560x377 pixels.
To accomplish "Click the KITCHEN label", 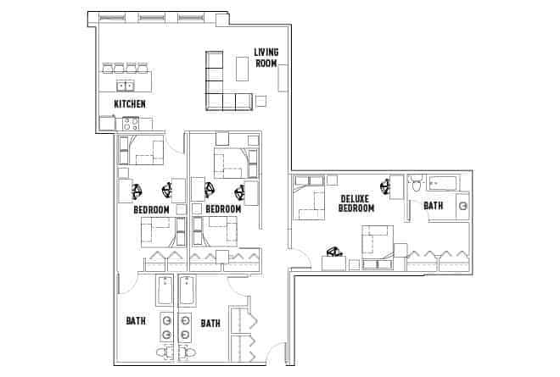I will tap(130, 104).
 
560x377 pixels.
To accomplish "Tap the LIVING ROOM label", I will tap(266, 57).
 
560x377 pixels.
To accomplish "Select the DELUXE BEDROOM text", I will tap(356, 202).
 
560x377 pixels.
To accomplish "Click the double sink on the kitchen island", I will tap(125, 86).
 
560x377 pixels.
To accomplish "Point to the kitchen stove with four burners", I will tap(131, 123).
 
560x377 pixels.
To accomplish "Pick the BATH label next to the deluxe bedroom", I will tap(433, 206).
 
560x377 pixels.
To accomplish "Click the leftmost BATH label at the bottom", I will tap(135, 322).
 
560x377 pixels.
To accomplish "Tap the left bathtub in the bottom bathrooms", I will tap(165, 291).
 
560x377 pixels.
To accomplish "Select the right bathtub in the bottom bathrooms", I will tap(188, 291).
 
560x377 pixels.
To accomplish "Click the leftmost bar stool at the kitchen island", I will tap(108, 68).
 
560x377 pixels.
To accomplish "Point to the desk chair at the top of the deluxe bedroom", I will tap(395, 186).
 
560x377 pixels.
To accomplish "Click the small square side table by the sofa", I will tap(261, 101).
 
